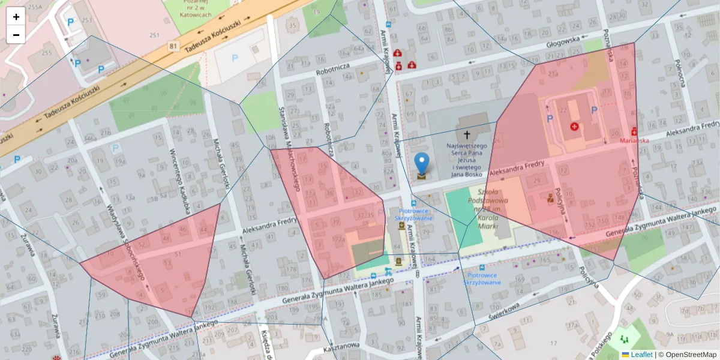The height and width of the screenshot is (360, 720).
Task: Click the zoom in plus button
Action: pos(16,17)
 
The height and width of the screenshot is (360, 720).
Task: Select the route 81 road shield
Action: pos(173,46)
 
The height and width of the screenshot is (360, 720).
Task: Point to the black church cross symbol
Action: pos(467,136)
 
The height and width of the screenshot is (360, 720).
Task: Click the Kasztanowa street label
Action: pos(341,347)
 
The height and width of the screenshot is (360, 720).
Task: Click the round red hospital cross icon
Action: pos(575,127)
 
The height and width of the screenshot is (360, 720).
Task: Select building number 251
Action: pos(154,36)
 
